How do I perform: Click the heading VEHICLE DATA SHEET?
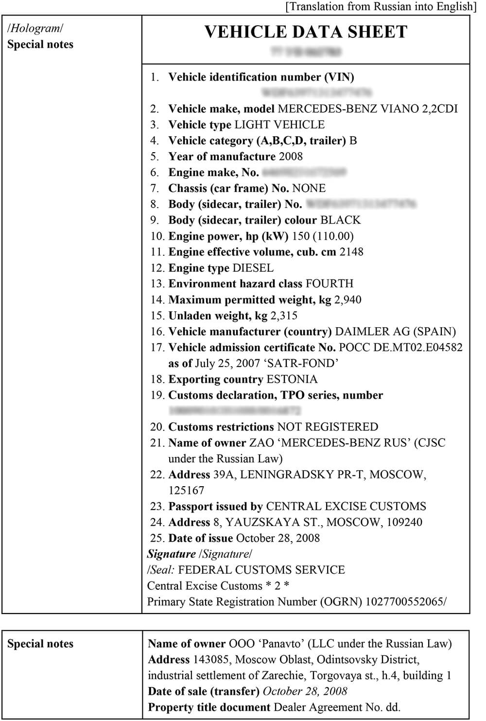306,32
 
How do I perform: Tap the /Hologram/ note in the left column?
35,28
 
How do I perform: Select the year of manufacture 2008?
291,157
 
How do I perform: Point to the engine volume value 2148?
351,252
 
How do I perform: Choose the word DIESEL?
253,268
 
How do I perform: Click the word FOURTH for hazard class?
329,283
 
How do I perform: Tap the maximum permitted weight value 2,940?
347,299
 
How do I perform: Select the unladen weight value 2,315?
284,316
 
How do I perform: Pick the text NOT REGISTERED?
327,427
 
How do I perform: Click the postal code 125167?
186,491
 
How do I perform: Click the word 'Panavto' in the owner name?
279,644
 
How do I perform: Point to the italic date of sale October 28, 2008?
305,691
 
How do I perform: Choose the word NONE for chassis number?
309,188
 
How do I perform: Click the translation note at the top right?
381,6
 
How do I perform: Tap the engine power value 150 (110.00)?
322,236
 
